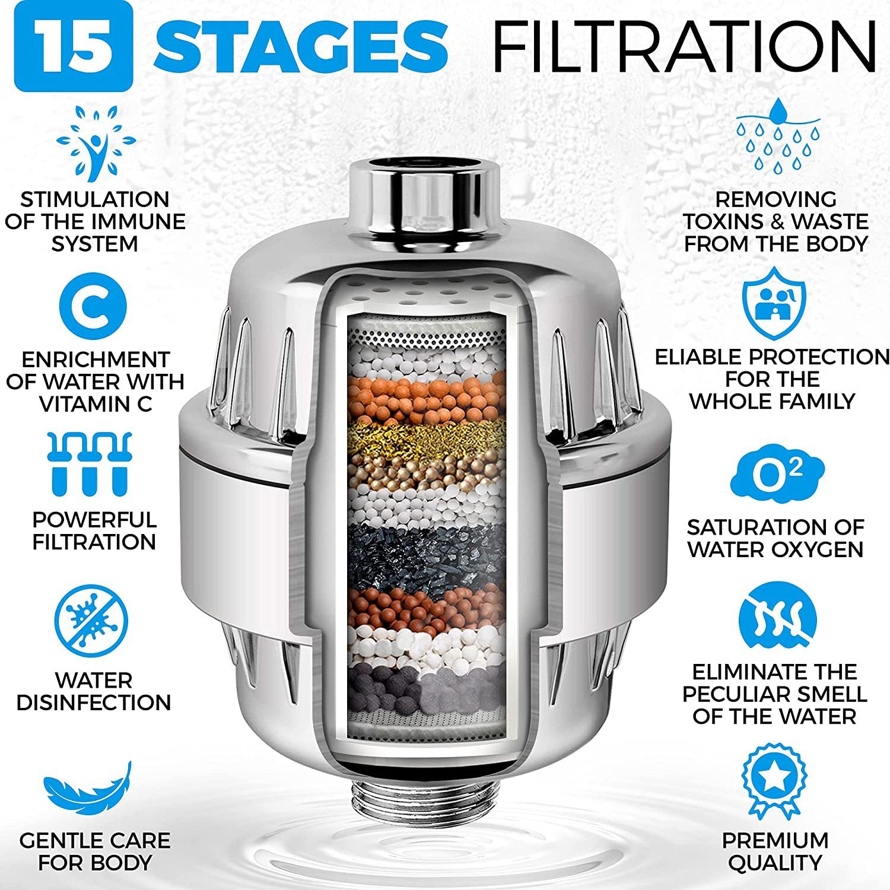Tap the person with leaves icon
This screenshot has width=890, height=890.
coord(96,142)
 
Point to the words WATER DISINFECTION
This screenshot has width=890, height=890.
coord(94,691)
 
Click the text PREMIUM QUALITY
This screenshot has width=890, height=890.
coord(775,851)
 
